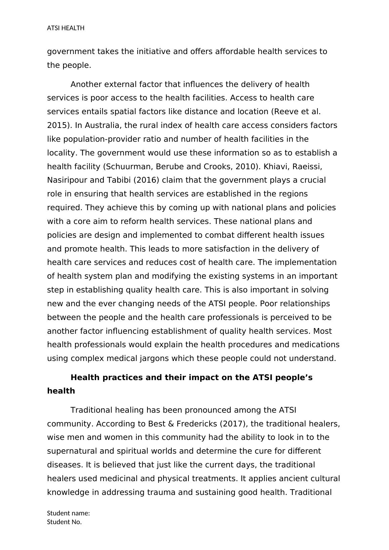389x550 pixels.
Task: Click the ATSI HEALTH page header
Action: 66,28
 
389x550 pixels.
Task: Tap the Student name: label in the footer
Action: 68,513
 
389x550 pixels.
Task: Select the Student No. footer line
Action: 64,522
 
